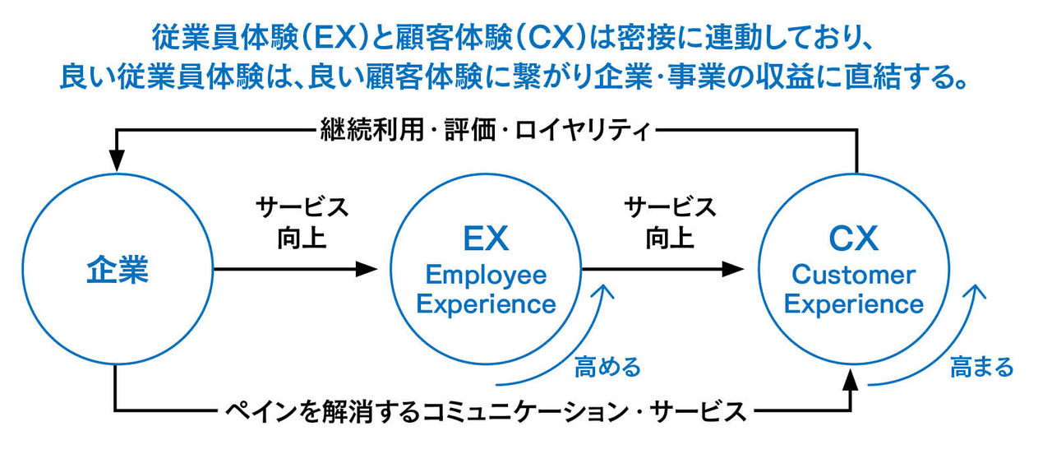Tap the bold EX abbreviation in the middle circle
pyautogui.click(x=486, y=239)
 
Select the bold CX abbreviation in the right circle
pyautogui.click(x=853, y=239)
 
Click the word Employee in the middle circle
pyautogui.click(x=486, y=276)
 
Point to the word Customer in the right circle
pyautogui.click(x=853, y=276)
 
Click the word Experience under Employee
pyautogui.click(x=486, y=304)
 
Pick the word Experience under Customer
pyautogui.click(x=853, y=304)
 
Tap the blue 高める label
pyautogui.click(x=608, y=367)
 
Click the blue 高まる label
pyautogui.click(x=981, y=367)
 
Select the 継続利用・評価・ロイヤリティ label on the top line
pyautogui.click(x=485, y=130)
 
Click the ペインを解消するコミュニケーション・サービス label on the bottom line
pyautogui.click(x=485, y=409)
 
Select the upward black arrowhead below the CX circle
pyautogui.click(x=855, y=381)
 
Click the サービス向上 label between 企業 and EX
pyautogui.click(x=302, y=222)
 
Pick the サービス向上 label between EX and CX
pyautogui.click(x=669, y=222)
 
